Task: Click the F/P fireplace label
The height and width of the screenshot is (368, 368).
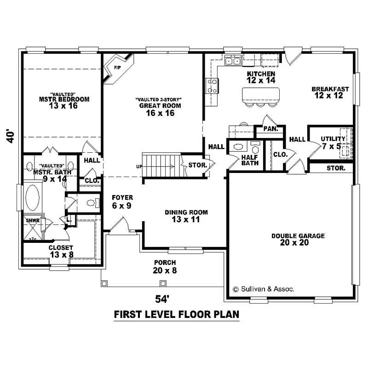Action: pyautogui.click(x=116, y=68)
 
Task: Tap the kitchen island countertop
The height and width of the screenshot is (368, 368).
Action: pyautogui.click(x=261, y=94)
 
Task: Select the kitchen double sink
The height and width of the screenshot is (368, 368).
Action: pyautogui.click(x=233, y=60)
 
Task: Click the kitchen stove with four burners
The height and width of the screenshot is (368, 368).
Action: pyautogui.click(x=212, y=86)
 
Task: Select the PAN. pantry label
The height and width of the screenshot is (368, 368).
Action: pyautogui.click(x=271, y=129)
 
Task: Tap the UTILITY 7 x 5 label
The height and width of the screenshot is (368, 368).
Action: pyautogui.click(x=333, y=142)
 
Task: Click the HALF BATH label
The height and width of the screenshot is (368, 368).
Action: pyautogui.click(x=250, y=160)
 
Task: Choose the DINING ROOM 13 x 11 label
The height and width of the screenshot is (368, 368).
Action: pyautogui.click(x=186, y=216)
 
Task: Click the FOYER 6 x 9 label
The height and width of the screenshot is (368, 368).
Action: pyautogui.click(x=122, y=201)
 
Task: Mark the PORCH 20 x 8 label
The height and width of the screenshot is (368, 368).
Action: pyautogui.click(x=165, y=266)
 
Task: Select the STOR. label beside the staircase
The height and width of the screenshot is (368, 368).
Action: pyautogui.click(x=197, y=164)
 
